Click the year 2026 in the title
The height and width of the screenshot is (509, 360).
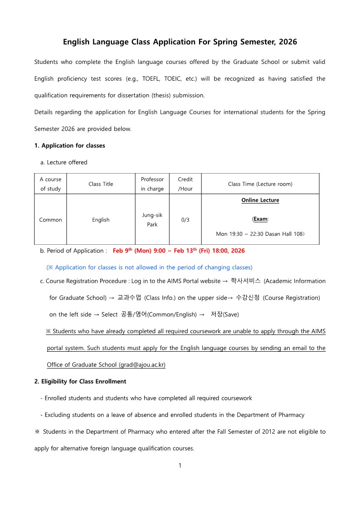[x=288, y=42]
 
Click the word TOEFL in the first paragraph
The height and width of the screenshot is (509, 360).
[x=154, y=78]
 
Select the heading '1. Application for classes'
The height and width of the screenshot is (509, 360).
[x=69, y=145]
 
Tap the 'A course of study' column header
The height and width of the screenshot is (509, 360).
[x=50, y=184]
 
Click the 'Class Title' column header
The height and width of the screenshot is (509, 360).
[x=101, y=184]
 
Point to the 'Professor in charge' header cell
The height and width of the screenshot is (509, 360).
[x=152, y=184]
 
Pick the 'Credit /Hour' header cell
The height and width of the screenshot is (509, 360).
[x=185, y=184]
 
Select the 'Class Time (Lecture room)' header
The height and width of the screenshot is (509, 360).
[x=260, y=184]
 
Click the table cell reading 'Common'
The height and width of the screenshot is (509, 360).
[x=50, y=220]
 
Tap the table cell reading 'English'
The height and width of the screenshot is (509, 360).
[x=101, y=220]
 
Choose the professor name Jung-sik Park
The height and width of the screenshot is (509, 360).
[x=152, y=219]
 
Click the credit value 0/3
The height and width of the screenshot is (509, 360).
[x=185, y=220]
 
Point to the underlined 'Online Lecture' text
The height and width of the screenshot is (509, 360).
[x=260, y=200]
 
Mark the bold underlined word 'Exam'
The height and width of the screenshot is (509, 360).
[x=260, y=219]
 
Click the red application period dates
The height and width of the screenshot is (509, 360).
[x=179, y=250]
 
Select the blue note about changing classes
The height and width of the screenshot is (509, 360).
[x=149, y=267]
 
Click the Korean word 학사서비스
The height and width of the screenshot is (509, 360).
[x=246, y=281]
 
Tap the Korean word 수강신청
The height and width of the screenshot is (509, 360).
[x=248, y=297]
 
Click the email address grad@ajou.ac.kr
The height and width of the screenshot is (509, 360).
[x=142, y=365]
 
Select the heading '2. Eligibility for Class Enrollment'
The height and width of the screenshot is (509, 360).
[x=80, y=381]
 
